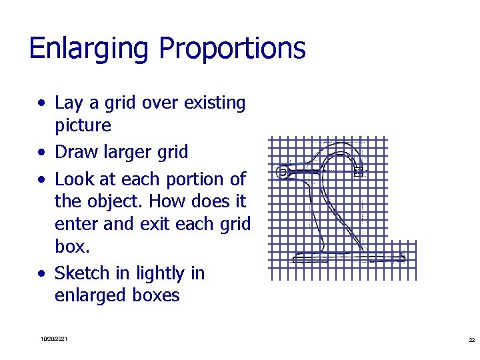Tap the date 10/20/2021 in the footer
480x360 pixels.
53,340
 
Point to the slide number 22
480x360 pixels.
471,340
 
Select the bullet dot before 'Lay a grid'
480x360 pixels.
42,104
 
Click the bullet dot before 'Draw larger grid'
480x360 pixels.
42,153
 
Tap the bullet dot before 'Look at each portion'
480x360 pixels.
42,180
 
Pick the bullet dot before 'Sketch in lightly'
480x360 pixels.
42,275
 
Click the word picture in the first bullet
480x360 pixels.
83,125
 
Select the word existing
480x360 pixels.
215,103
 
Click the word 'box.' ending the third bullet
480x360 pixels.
72,246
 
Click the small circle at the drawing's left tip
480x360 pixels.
283,172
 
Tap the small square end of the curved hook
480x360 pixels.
359,171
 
